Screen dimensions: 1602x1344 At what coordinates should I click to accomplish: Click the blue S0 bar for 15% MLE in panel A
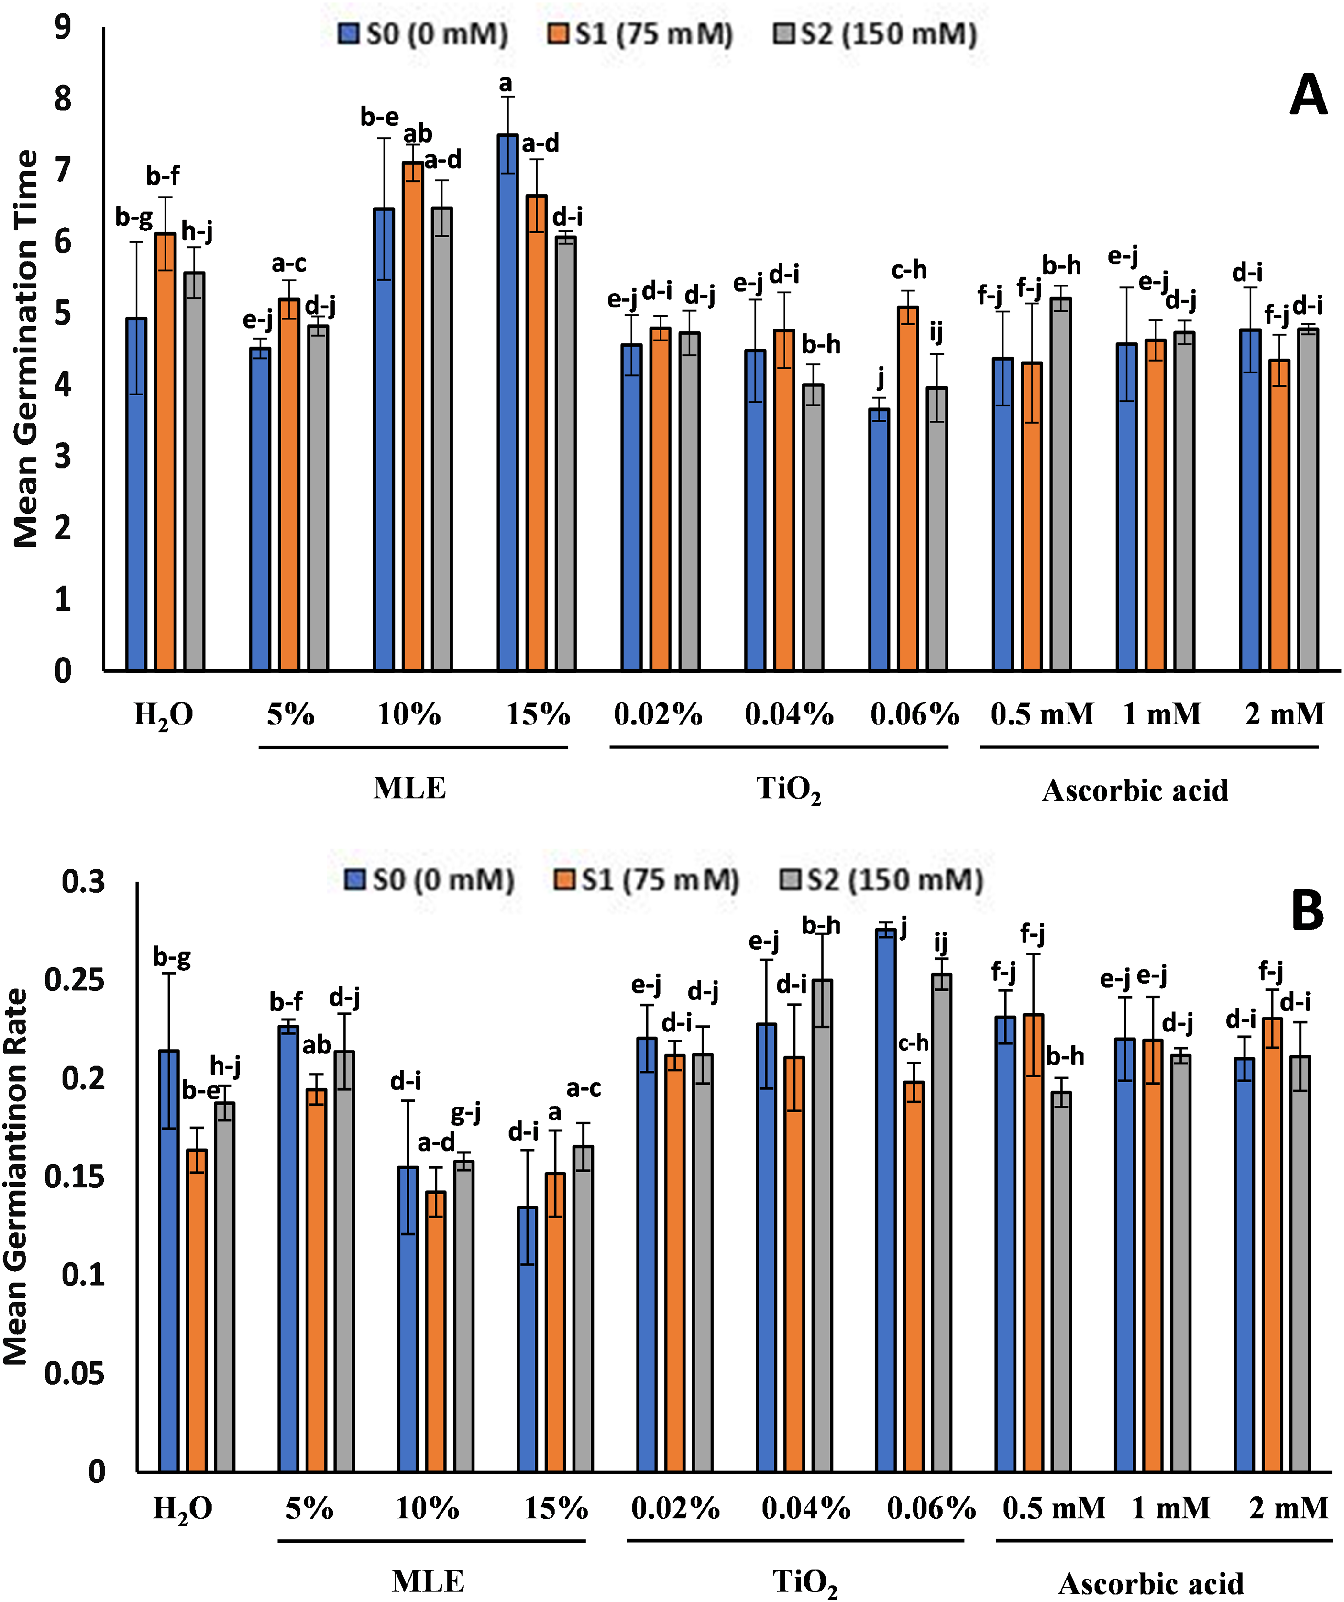[507, 404]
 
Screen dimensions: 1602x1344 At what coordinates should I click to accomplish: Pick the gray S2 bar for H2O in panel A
[195, 473]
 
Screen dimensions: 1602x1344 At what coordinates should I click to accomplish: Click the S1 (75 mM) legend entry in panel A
[641, 35]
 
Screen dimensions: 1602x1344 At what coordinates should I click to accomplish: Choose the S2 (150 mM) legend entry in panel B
[881, 881]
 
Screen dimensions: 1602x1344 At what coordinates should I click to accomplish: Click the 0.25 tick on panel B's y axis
[74, 980]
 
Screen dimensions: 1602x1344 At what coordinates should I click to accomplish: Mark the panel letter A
[1308, 97]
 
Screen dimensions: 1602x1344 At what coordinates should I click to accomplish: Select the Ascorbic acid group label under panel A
[1135, 790]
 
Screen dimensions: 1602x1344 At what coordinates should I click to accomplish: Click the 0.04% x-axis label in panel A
[789, 715]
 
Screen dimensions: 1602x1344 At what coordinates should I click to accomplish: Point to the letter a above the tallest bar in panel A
[506, 84]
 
